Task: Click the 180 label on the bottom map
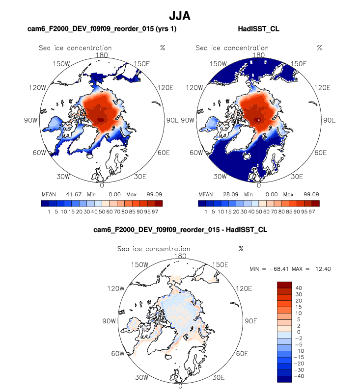tap(180, 256)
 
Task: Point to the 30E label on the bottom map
tap(219, 378)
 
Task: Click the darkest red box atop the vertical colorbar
tap(284, 285)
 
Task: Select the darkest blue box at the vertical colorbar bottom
tap(284, 379)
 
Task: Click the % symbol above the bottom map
tap(241, 249)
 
